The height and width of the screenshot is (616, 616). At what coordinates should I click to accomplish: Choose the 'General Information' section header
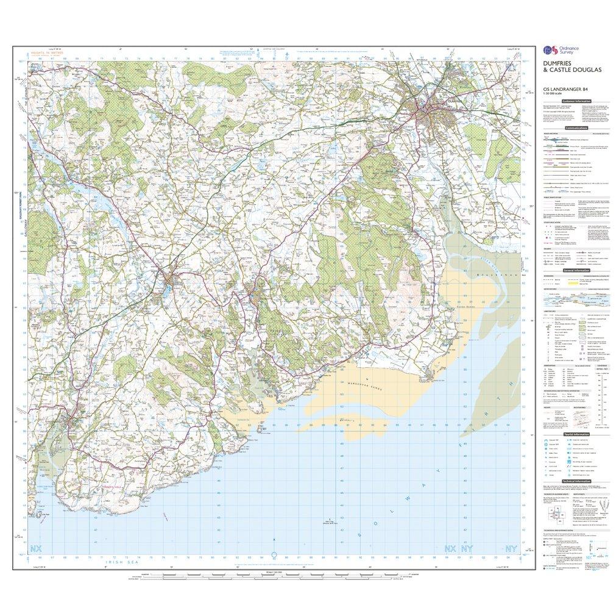coord(576,270)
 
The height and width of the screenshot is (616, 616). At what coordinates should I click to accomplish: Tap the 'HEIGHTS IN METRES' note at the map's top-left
coord(51,53)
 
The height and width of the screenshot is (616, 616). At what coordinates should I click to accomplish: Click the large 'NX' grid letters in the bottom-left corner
coord(38,547)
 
